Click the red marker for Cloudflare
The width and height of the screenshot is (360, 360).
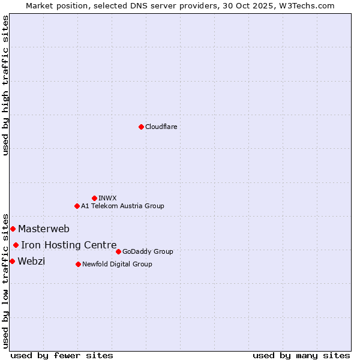click(x=141, y=127)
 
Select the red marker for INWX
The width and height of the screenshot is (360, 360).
click(x=94, y=198)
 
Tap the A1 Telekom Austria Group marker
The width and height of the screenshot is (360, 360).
click(x=77, y=206)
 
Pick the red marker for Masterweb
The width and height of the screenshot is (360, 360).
click(x=13, y=229)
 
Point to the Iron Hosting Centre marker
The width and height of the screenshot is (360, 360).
click(x=16, y=245)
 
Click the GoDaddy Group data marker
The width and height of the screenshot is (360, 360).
click(x=118, y=251)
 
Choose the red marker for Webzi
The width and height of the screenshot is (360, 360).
click(x=12, y=261)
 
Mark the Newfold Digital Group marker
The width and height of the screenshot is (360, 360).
click(x=78, y=264)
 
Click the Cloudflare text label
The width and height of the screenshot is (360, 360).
click(x=161, y=127)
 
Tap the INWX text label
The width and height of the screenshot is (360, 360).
click(x=107, y=198)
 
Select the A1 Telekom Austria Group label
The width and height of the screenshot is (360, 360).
click(x=122, y=206)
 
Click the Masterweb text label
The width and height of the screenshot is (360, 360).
click(x=44, y=229)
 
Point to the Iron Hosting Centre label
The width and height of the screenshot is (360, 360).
click(x=69, y=245)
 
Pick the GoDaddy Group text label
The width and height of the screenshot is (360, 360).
click(x=148, y=251)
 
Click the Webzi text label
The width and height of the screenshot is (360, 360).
click(x=31, y=261)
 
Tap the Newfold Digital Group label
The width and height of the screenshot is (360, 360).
click(x=117, y=264)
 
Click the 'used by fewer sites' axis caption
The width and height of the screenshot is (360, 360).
click(x=62, y=355)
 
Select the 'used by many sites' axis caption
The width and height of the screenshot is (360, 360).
click(x=301, y=355)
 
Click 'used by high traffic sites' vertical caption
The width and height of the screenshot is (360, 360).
click(x=5, y=85)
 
